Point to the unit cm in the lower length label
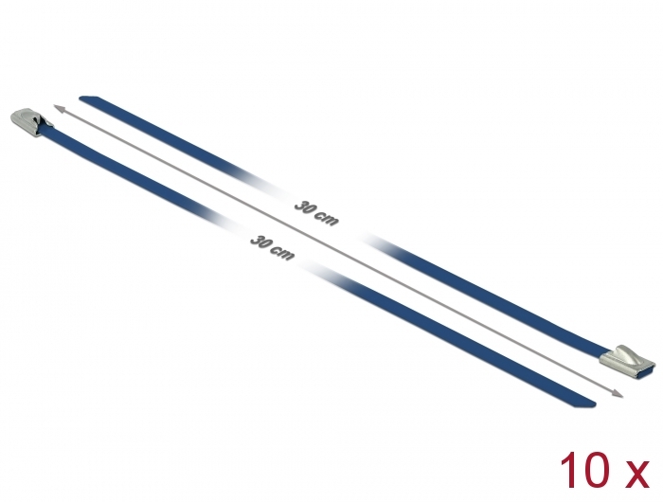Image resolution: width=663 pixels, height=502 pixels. (282, 252)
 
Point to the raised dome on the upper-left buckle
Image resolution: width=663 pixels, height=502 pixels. (24, 117)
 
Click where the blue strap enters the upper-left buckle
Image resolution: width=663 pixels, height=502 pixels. (44, 130)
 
